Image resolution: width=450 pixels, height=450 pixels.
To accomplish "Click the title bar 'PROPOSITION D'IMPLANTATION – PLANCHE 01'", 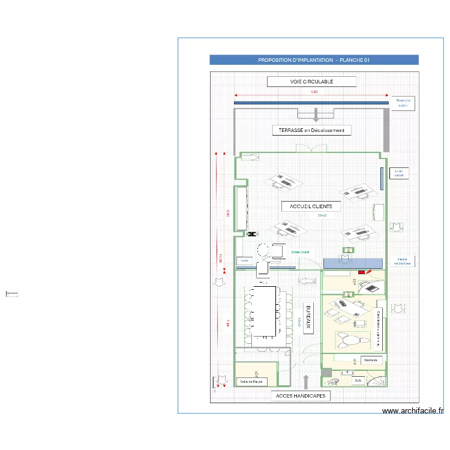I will click(314, 60).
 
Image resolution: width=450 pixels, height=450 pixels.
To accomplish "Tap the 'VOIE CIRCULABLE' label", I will click(311, 82).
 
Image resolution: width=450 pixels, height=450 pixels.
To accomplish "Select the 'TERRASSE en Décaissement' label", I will click(311, 130).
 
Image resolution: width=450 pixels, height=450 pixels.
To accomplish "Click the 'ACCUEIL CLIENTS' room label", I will click(311, 206).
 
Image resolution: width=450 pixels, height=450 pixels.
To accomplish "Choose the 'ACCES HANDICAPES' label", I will click(301, 396).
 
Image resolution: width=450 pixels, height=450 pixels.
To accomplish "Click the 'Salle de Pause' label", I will click(250, 381).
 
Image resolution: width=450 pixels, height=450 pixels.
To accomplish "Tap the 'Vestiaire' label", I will click(370, 360).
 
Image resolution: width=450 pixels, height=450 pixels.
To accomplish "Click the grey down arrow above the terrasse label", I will click(316, 116).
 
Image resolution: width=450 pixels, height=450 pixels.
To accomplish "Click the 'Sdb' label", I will click(358, 380).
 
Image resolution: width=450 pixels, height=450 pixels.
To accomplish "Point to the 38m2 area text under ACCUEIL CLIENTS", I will click(322, 215).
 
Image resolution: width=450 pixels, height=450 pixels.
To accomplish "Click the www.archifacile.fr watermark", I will click(412, 411).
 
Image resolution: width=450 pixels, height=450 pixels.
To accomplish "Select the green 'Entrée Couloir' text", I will click(300, 253).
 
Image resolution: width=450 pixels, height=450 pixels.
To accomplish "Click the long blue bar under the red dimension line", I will click(311, 103).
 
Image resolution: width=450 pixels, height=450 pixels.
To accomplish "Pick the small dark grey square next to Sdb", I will click(326, 373).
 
